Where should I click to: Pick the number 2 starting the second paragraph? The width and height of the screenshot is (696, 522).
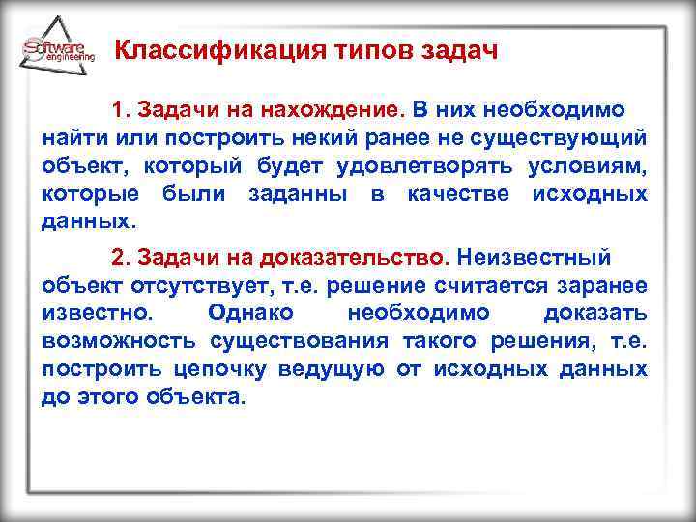[x=118, y=258]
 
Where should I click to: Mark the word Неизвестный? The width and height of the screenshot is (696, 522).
[x=535, y=258]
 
